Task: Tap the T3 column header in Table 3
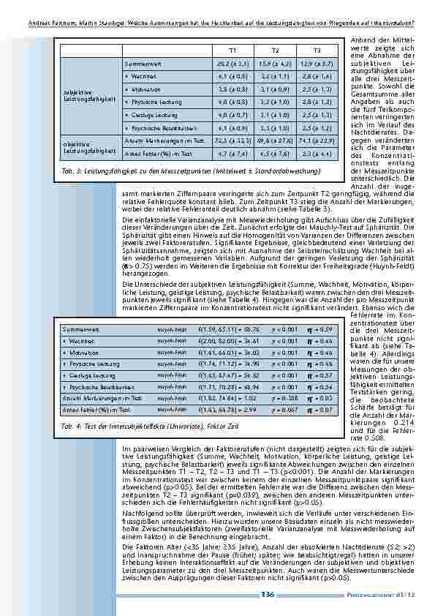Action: tap(317, 50)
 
